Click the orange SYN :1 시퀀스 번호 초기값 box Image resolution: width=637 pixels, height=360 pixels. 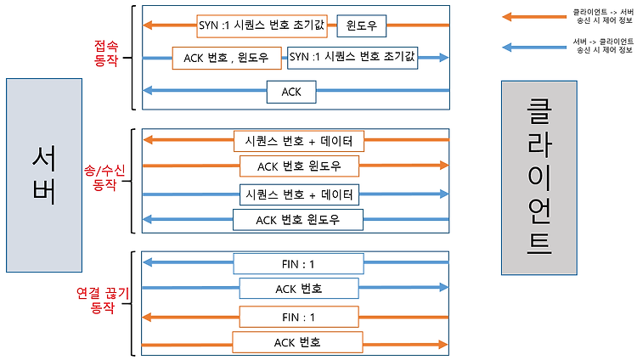click(x=262, y=26)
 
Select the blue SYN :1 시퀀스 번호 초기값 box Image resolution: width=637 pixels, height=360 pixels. click(x=352, y=57)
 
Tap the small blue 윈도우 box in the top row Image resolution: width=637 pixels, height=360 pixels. click(x=362, y=26)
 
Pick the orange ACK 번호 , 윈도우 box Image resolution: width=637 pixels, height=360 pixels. click(x=227, y=58)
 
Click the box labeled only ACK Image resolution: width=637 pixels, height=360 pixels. click(x=291, y=92)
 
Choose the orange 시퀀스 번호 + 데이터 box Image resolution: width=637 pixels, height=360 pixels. click(x=299, y=141)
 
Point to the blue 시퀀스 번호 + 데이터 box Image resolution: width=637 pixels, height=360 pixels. click(x=300, y=194)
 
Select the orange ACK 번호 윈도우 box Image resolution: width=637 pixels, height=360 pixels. click(x=300, y=166)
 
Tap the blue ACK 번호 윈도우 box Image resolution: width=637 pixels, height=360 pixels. click(x=298, y=220)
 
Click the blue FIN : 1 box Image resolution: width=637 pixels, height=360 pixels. click(x=298, y=264)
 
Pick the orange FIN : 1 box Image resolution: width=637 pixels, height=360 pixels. click(x=299, y=317)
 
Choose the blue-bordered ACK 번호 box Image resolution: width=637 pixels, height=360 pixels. click(x=299, y=289)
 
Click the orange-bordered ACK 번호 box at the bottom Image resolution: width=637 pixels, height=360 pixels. click(x=297, y=342)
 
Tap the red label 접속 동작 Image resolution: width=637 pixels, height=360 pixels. click(x=106, y=53)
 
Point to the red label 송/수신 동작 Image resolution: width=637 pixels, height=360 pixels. click(x=104, y=177)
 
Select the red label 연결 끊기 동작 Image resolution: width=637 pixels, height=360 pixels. click(x=103, y=301)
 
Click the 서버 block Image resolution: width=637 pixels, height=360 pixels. click(x=44, y=175)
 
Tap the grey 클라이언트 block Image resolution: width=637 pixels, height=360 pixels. click(x=539, y=178)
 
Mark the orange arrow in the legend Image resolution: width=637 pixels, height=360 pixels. click(x=534, y=17)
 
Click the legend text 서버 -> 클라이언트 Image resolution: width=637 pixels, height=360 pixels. click(x=603, y=42)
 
